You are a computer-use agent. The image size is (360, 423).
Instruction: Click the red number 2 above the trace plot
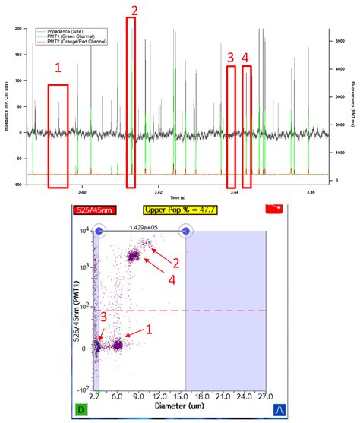coord(134,10)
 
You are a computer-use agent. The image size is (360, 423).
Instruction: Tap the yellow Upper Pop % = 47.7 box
coord(178,209)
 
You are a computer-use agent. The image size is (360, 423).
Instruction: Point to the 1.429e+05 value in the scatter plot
coord(143,226)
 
